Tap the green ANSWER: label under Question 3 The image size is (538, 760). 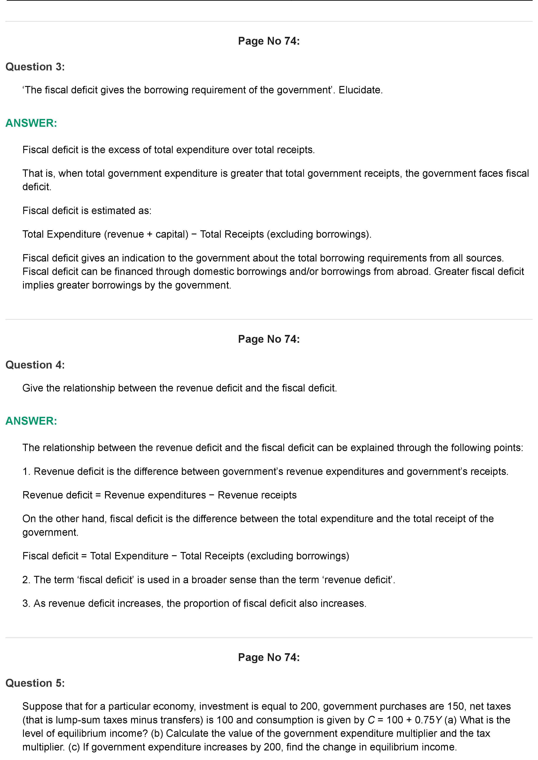(31, 123)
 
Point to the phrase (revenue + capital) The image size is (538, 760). (146, 234)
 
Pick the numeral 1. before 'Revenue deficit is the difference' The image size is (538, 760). (26, 471)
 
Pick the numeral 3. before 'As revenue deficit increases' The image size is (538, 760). (26, 603)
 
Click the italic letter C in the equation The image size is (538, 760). (371, 720)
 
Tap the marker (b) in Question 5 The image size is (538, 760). (157, 734)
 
